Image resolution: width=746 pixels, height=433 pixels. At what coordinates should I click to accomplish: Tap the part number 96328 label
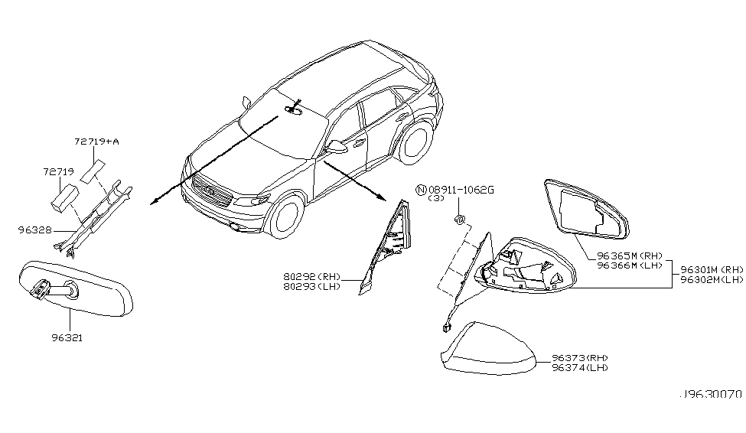(x=33, y=228)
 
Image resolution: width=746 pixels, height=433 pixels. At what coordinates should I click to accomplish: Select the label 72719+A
(x=96, y=142)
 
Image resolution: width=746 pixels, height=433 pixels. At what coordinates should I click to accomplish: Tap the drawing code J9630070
(x=711, y=398)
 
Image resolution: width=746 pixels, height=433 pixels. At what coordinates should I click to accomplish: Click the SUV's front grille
(x=211, y=191)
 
